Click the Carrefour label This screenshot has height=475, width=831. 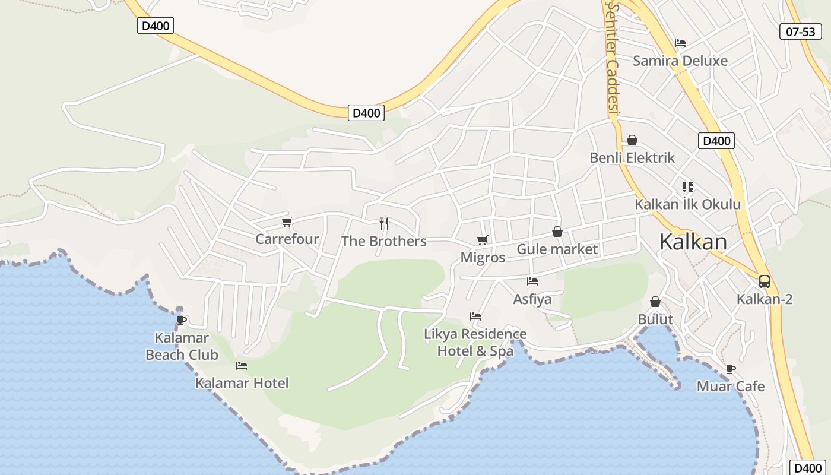point(287,239)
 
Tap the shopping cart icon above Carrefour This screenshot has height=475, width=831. point(287,222)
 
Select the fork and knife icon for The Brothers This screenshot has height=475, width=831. point(384,224)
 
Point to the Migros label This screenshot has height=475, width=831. point(483,258)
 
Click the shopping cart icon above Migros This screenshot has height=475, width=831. point(483,240)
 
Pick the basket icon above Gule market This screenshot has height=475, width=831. point(557,232)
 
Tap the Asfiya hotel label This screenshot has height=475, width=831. point(532,299)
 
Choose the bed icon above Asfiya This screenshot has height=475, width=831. point(532,281)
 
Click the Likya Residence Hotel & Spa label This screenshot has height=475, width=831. point(475,343)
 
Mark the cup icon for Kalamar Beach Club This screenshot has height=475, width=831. point(182,321)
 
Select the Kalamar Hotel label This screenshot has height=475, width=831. point(242,383)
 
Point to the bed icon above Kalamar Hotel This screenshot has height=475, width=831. point(242,366)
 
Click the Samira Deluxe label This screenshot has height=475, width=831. point(680,61)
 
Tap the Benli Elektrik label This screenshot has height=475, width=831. point(632,158)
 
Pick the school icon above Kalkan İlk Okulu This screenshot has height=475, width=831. point(688,187)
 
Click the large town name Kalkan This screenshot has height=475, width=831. point(693,242)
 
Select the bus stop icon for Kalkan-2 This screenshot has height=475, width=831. point(765,281)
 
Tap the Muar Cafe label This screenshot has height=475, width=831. point(731,387)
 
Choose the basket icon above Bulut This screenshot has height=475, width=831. point(655,302)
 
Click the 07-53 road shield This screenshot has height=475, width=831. point(800,31)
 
